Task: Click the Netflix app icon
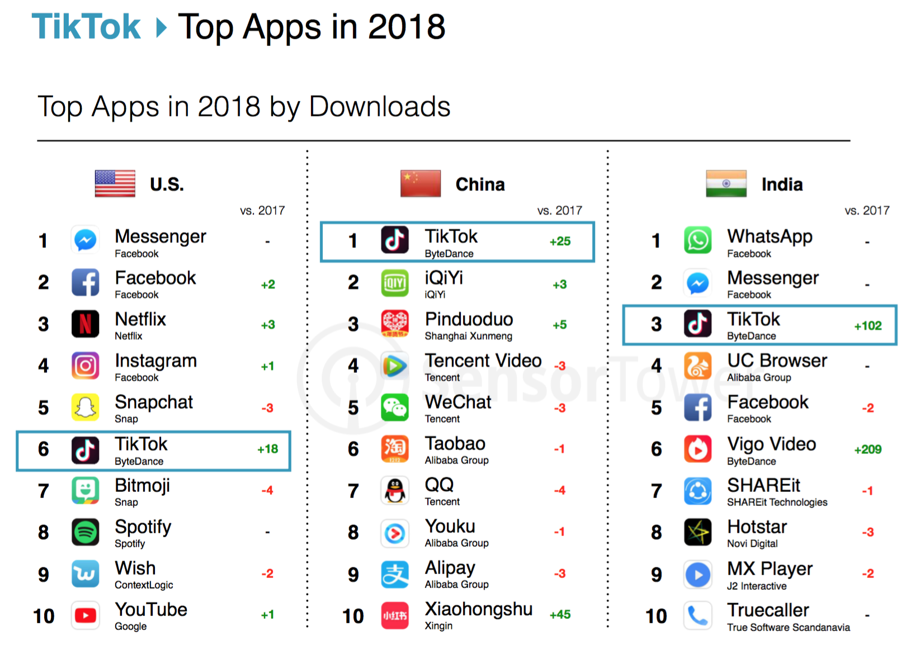coord(85,324)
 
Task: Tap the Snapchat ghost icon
coord(85,407)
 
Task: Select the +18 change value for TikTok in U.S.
coord(268,449)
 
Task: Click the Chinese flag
coord(421,184)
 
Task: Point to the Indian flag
coord(726,184)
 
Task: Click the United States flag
coord(115,184)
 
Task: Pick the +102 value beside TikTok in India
coord(867,326)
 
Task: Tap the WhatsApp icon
coord(697,240)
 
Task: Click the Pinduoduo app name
coord(469,319)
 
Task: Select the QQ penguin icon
coord(395,491)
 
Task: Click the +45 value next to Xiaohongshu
coord(560,615)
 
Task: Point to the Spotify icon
coord(85,532)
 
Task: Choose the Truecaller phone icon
coord(697,615)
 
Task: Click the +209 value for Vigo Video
coord(867,449)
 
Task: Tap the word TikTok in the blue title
coord(86,27)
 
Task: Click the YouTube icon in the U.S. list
coord(85,615)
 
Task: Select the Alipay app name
coord(450,568)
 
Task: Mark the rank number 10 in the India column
coord(656,616)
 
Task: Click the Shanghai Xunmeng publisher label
coord(468,336)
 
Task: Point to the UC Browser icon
coord(697,366)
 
